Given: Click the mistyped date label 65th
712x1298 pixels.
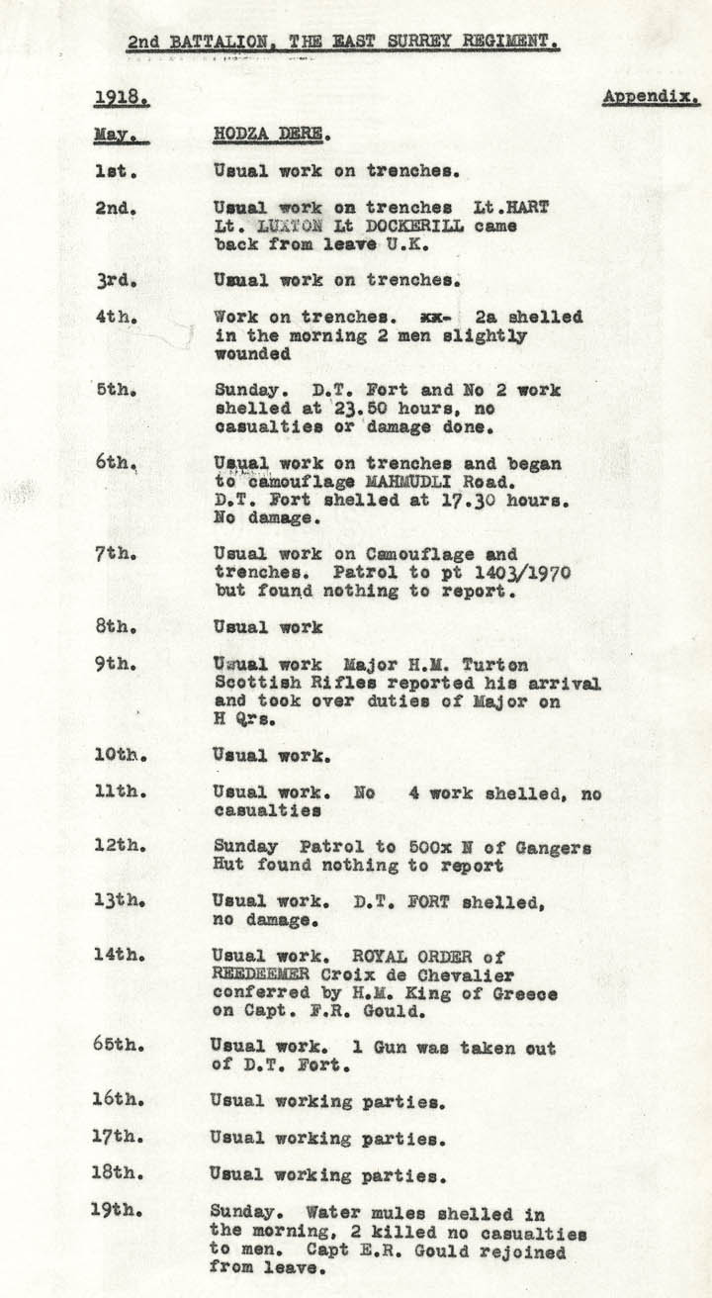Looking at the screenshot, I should [x=119, y=1046].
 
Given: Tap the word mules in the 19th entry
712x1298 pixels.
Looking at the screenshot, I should [x=390, y=1213].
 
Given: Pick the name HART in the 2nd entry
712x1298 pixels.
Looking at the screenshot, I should [x=530, y=208].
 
